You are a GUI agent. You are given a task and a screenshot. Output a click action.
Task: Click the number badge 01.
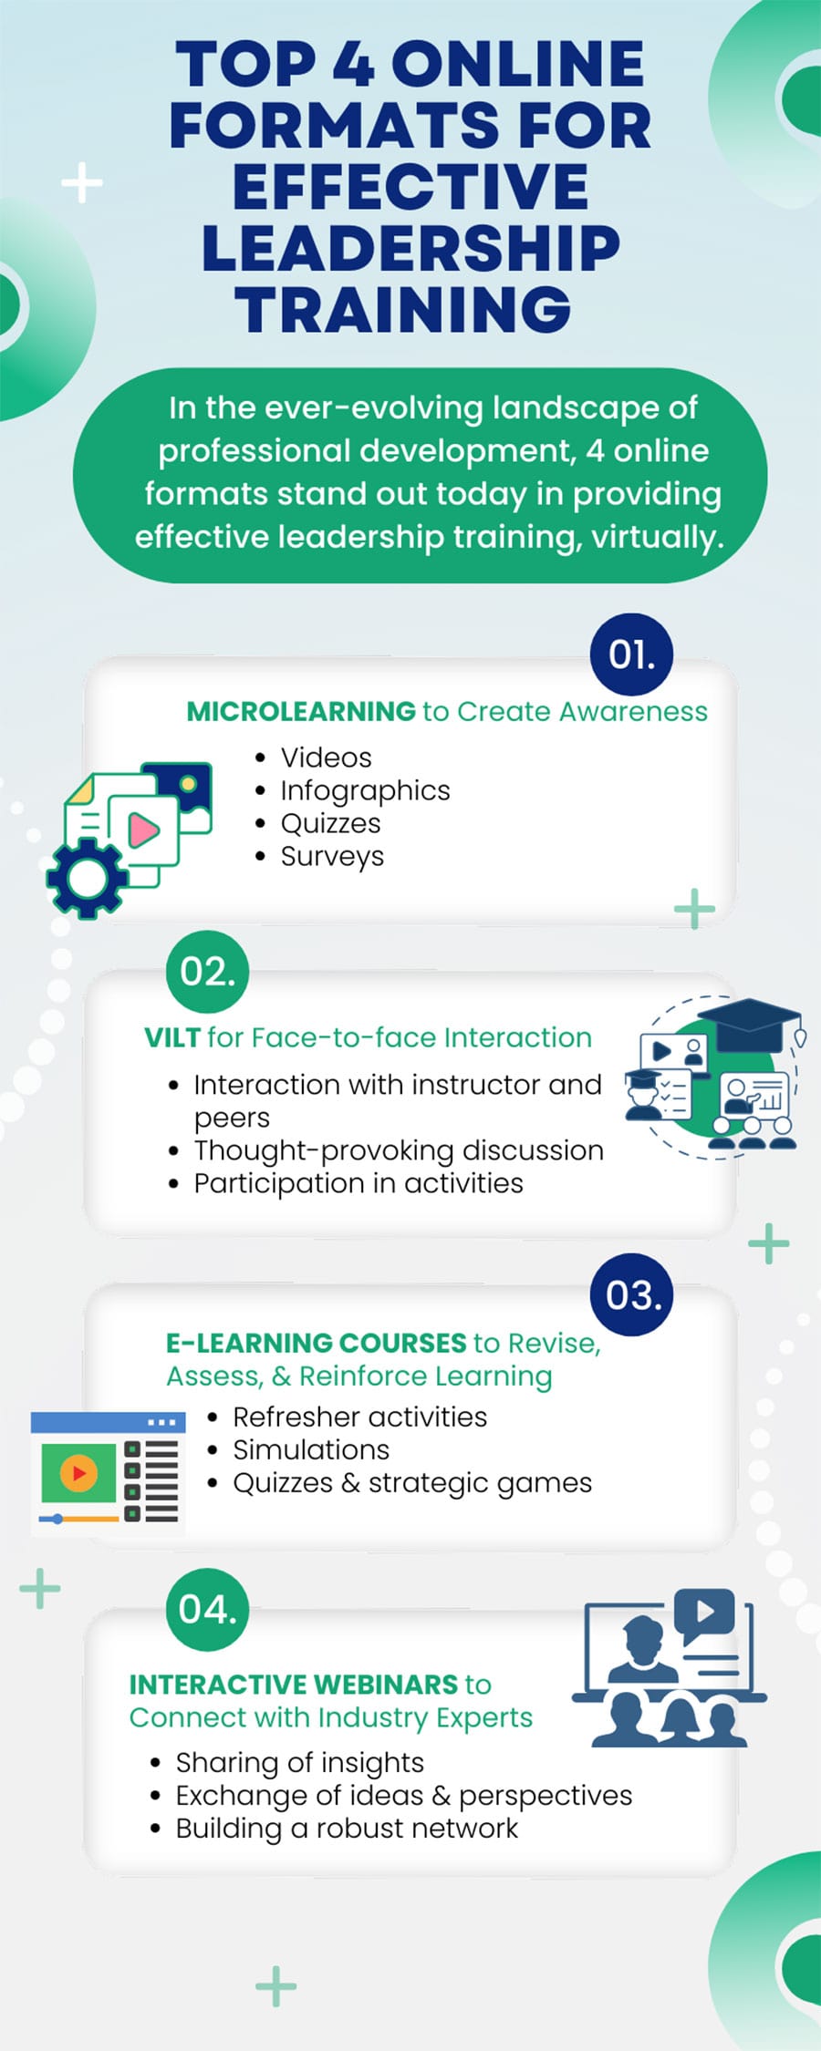click(x=631, y=654)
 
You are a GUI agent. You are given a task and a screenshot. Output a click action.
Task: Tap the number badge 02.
click(x=207, y=972)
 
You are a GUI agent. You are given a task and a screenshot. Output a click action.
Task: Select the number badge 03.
click(x=631, y=1295)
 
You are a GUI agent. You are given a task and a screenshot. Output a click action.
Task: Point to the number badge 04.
click(x=207, y=1610)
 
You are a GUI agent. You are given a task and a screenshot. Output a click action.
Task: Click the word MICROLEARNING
click(x=301, y=711)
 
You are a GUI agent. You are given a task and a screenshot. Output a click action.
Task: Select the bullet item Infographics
click(x=365, y=790)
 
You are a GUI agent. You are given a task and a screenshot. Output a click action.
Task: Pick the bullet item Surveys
click(x=332, y=856)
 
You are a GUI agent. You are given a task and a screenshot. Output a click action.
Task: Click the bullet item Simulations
click(x=311, y=1449)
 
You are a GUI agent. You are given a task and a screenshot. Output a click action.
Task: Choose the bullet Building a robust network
click(x=347, y=1828)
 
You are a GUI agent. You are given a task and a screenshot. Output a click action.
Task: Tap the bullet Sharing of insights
click(x=299, y=1762)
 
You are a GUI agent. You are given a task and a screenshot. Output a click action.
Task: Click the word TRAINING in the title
click(x=403, y=310)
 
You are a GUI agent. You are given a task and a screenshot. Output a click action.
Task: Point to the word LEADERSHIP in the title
click(x=410, y=248)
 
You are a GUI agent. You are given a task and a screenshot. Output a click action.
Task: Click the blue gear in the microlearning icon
click(x=87, y=878)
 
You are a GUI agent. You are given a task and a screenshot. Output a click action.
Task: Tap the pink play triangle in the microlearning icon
click(x=143, y=830)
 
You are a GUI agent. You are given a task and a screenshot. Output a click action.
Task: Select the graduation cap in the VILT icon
click(x=750, y=1021)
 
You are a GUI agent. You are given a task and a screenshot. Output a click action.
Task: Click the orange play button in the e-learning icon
click(x=78, y=1472)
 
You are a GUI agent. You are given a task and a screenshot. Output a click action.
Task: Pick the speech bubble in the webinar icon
click(x=704, y=1613)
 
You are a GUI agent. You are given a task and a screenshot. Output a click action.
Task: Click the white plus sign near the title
click(x=82, y=182)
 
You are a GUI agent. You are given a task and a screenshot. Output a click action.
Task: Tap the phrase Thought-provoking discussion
click(x=399, y=1150)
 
